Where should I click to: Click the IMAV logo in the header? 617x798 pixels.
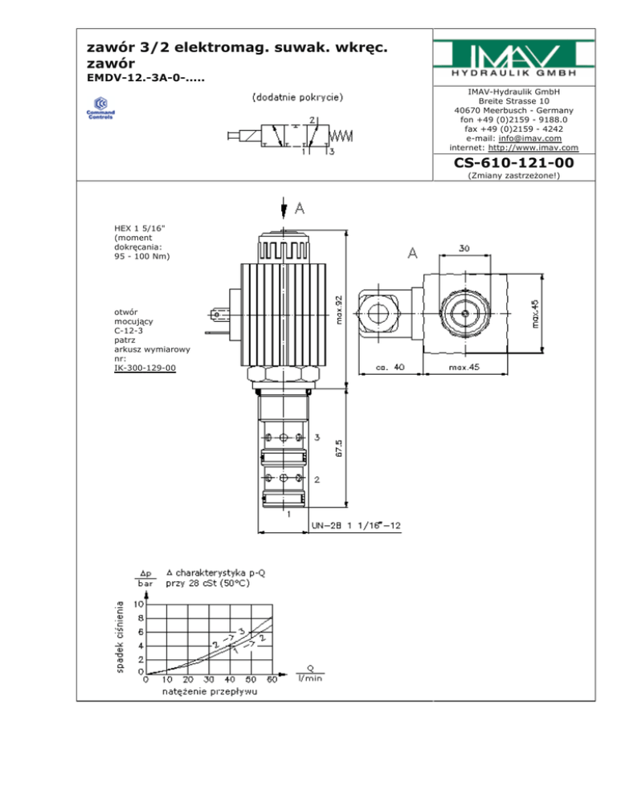513,58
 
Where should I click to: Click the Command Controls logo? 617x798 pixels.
100,108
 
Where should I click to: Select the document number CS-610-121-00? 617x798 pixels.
513,163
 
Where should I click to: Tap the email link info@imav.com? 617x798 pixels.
530,138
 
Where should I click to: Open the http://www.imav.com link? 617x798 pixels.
533,148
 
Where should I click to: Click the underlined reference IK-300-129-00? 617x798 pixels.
145,368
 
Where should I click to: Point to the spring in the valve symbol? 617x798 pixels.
341,136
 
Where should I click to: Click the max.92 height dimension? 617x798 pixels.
339,310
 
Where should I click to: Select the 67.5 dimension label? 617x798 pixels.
339,448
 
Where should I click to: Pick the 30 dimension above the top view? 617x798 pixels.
464,248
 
